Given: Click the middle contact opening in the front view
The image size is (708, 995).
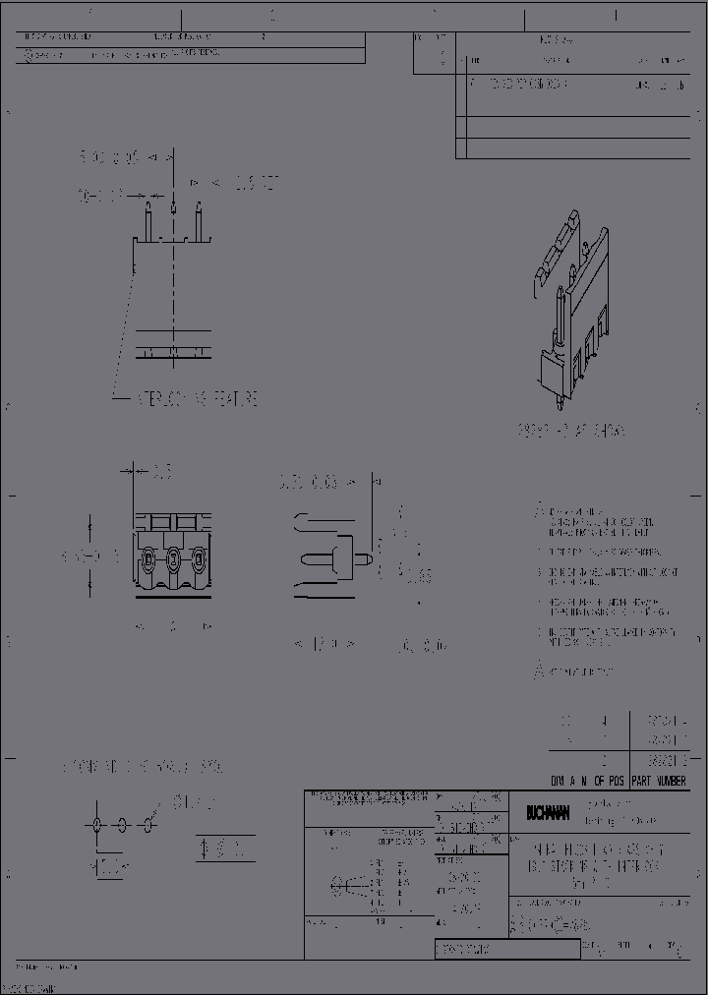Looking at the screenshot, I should pos(173,561).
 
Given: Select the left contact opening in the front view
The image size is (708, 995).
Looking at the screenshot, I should pos(148,561).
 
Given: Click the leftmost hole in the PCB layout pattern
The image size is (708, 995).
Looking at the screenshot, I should pos(98,824).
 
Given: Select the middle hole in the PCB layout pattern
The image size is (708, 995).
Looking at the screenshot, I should pos(123,824).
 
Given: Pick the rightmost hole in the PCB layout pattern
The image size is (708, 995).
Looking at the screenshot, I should pos(148,824).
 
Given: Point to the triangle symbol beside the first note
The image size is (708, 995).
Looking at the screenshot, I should pos(538,511).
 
